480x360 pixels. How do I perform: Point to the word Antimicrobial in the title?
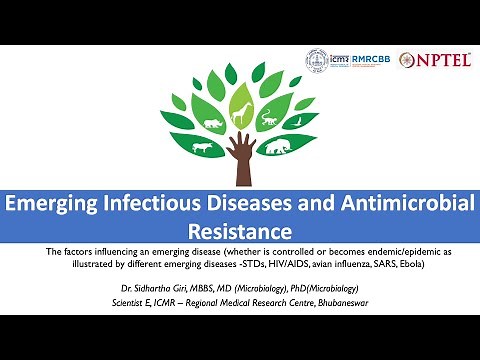(398, 203)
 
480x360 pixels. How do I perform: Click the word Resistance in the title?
(240, 230)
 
